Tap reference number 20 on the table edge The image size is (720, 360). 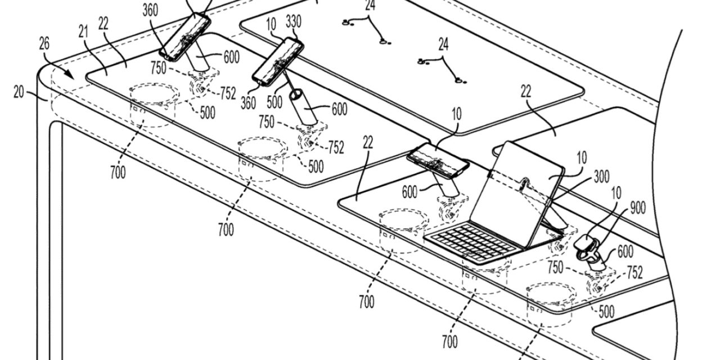19,92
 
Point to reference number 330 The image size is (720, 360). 293,22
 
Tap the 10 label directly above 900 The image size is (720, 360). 616,193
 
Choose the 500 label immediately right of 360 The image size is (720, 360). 274,102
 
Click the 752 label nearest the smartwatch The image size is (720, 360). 634,273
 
